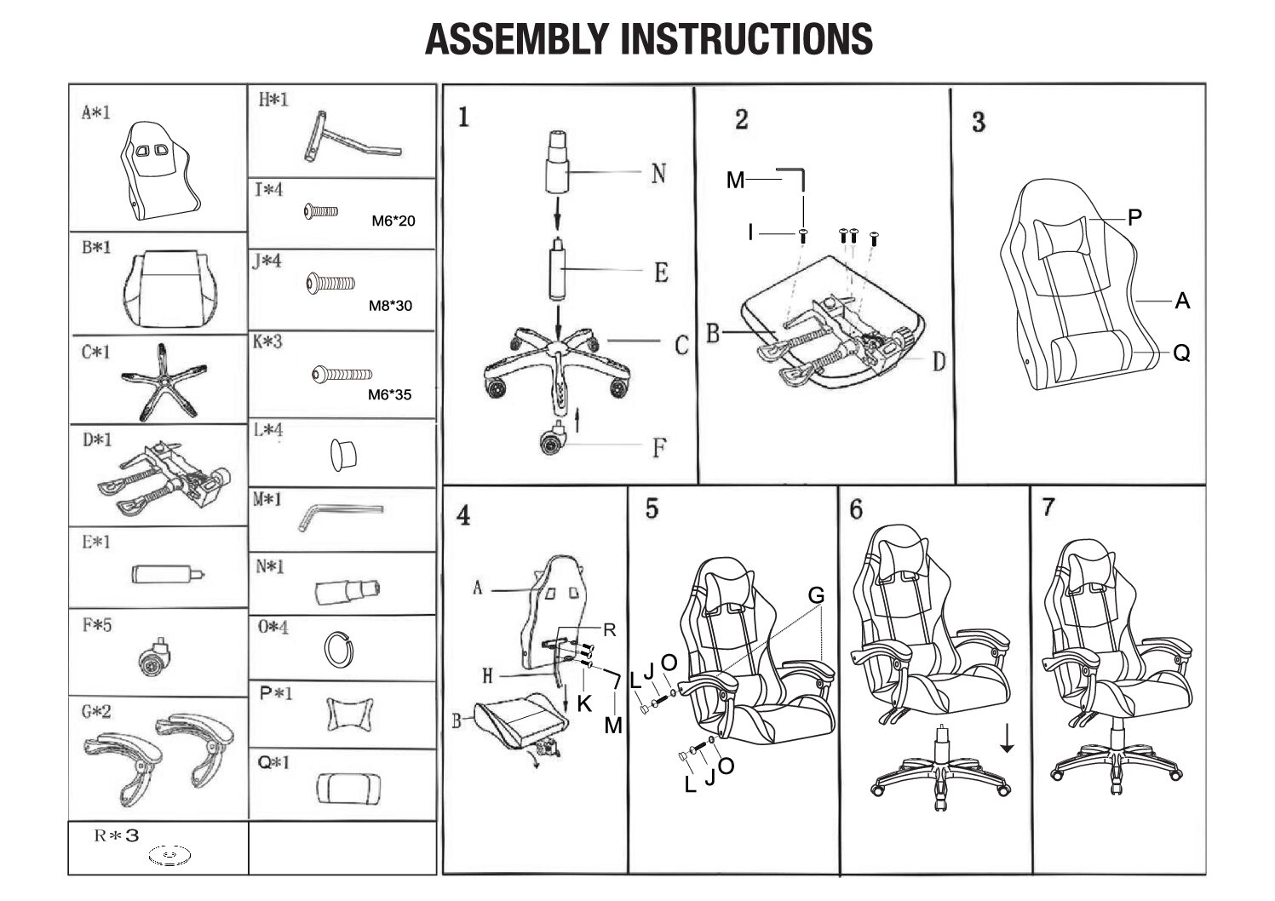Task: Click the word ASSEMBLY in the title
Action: [x=518, y=38]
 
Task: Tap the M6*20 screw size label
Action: [x=393, y=221]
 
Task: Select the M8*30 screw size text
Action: [x=391, y=305]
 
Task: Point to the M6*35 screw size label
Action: [x=390, y=394]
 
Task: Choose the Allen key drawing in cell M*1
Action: [x=339, y=514]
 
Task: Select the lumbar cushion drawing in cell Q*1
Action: [x=348, y=788]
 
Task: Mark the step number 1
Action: [x=463, y=117]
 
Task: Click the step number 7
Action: [x=1048, y=508]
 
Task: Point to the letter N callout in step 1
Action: [x=658, y=174]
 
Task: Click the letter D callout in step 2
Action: [x=939, y=362]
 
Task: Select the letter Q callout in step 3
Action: [x=1181, y=353]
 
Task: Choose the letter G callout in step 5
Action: [x=816, y=595]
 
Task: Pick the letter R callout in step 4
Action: [x=610, y=630]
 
